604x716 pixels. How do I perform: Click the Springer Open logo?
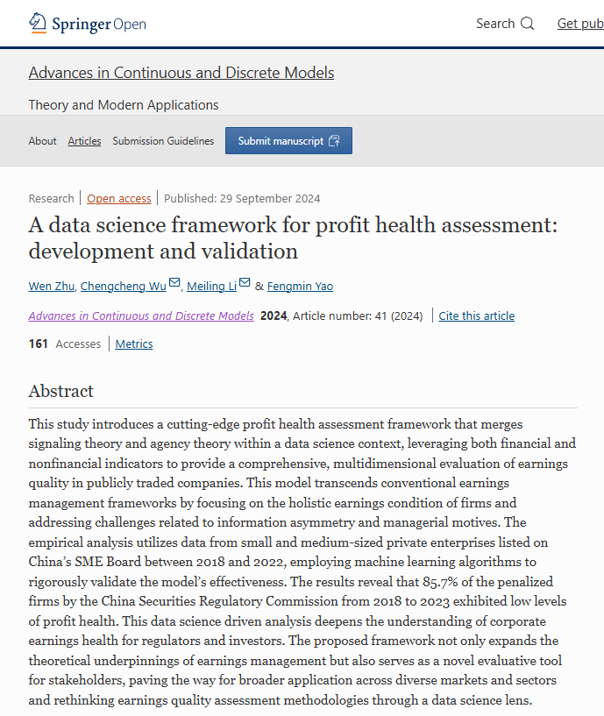pyautogui.click(x=88, y=24)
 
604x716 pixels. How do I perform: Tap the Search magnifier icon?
pyautogui.click(x=527, y=24)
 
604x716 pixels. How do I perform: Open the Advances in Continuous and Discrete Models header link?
pyautogui.click(x=181, y=73)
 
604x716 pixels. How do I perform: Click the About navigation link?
pyautogui.click(x=42, y=141)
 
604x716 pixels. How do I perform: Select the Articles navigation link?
pyautogui.click(x=84, y=141)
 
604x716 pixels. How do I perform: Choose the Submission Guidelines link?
pyautogui.click(x=163, y=141)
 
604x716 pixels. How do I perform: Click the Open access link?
pyautogui.click(x=118, y=198)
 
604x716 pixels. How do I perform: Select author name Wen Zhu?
pyautogui.click(x=52, y=286)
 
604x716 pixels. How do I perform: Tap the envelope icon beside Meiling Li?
pyautogui.click(x=245, y=283)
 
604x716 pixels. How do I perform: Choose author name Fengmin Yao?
pyautogui.click(x=300, y=286)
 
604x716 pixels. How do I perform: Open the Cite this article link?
pyautogui.click(x=476, y=316)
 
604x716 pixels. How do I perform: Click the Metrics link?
pyautogui.click(x=134, y=344)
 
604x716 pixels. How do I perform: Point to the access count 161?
pyautogui.click(x=39, y=344)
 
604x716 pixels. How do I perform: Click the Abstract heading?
pyautogui.click(x=60, y=391)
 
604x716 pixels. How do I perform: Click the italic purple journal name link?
pyautogui.click(x=141, y=316)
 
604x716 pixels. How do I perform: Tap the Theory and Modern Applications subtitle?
pyautogui.click(x=124, y=105)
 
